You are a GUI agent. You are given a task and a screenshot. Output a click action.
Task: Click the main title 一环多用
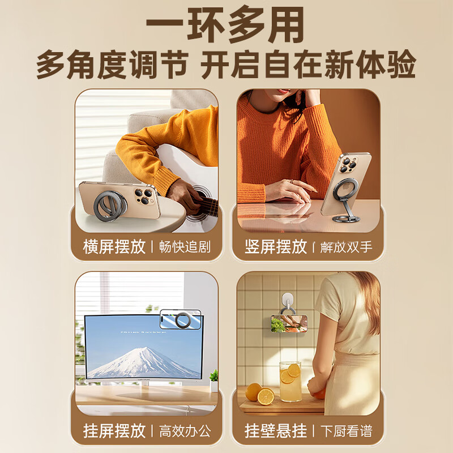(225, 24)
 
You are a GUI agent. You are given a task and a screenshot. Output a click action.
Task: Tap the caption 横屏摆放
(114, 247)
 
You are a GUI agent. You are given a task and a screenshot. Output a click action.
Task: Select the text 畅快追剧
(185, 247)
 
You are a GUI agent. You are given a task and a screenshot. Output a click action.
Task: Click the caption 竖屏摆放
(276, 247)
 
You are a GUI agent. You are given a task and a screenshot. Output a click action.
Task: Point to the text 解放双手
(346, 247)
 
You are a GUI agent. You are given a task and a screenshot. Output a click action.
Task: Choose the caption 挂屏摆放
(114, 431)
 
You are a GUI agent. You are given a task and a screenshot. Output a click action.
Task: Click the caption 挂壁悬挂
(276, 431)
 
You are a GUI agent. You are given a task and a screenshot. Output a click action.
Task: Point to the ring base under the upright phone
(346, 219)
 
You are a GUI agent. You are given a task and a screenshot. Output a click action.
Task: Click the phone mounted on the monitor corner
(180, 320)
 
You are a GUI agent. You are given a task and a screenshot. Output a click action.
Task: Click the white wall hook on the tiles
(288, 302)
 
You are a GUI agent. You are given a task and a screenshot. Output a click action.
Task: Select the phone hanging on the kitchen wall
(289, 323)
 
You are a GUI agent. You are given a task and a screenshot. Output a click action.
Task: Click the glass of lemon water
(290, 382)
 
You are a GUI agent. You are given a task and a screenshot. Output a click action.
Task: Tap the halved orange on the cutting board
(266, 397)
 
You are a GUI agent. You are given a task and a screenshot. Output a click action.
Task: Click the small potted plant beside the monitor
(214, 381)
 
